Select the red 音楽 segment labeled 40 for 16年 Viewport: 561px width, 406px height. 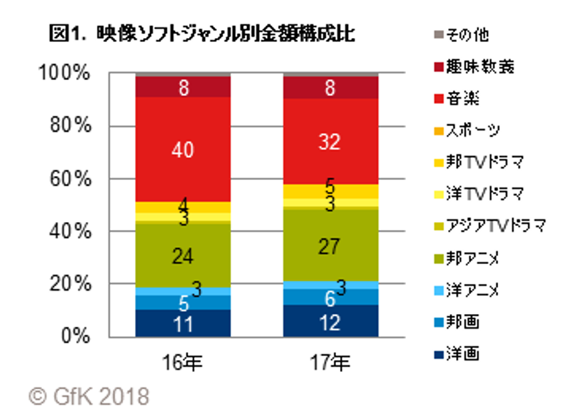182,149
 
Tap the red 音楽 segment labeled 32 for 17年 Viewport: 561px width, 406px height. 331,141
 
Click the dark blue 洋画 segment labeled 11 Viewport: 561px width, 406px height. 182,323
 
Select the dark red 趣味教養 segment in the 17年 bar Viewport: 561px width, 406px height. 331,87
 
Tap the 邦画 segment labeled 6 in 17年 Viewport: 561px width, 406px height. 331,297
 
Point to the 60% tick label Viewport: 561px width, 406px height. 72,179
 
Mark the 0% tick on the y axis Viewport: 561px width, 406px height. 76,336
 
